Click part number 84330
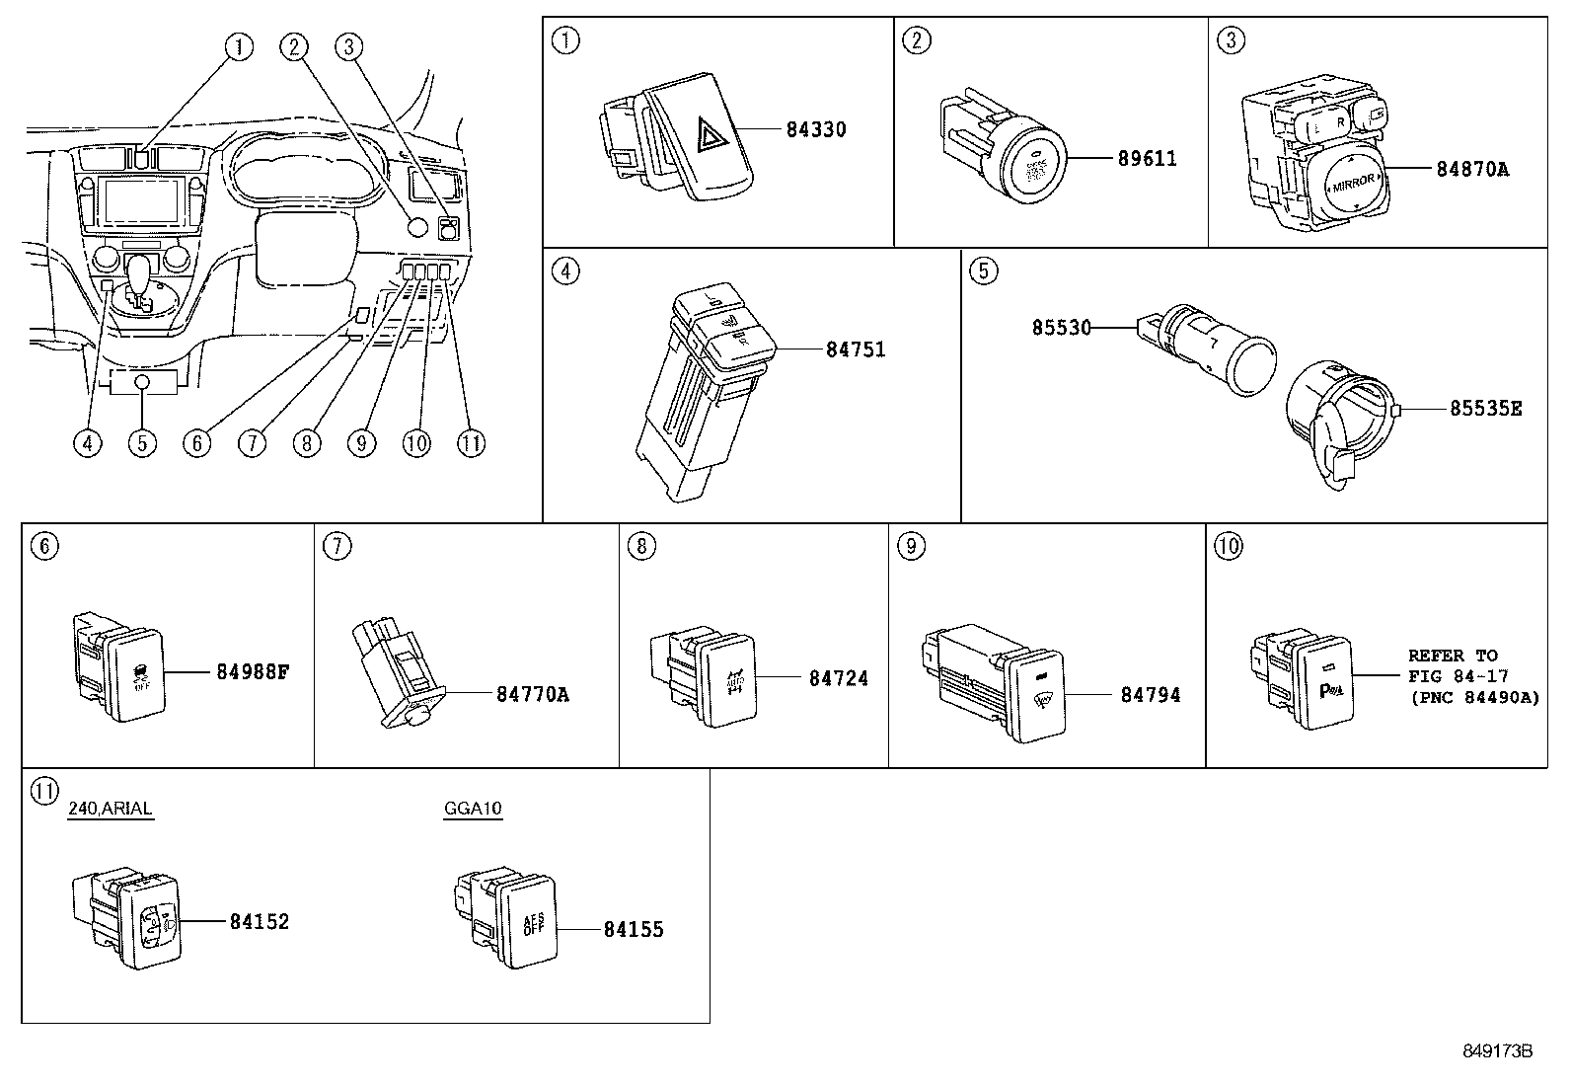[816, 129]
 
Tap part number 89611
[1147, 158]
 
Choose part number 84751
[856, 349]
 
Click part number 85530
[1062, 327]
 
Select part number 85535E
[1485, 408]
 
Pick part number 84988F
[253, 672]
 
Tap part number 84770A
[533, 694]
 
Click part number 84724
[839, 678]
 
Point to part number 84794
[1150, 694]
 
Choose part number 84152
[260, 921]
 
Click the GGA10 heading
[473, 809]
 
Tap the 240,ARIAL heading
[110, 809]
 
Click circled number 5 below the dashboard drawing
[142, 443]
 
